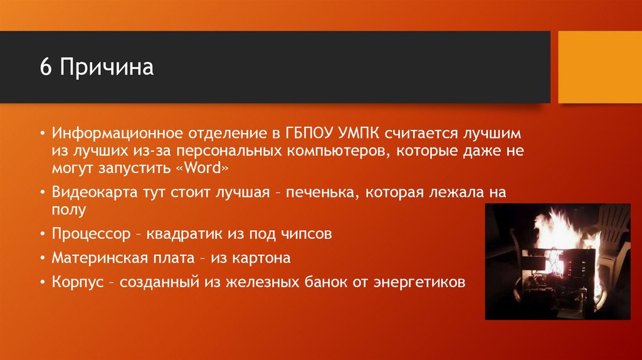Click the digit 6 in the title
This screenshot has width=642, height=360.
[x=45, y=66]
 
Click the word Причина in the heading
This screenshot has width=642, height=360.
[x=107, y=67]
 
